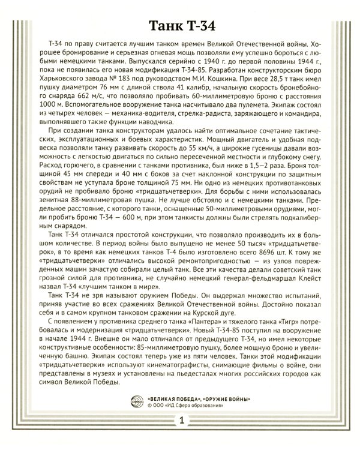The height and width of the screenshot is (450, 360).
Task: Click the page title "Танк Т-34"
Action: pyautogui.click(x=180, y=27)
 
